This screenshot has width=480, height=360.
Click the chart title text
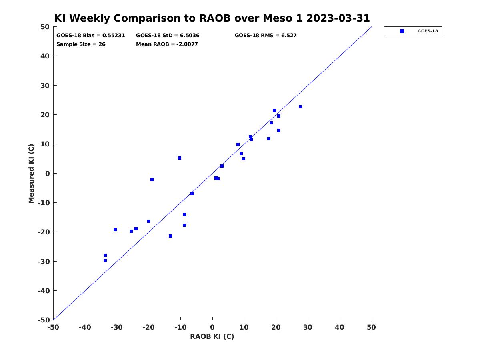click(212, 18)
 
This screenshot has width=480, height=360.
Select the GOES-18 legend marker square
click(402, 31)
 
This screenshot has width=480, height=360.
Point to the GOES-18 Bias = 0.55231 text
click(90, 36)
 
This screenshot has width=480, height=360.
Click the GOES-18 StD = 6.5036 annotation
click(168, 36)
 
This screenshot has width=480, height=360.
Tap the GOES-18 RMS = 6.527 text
click(266, 36)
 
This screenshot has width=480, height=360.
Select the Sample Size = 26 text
click(81, 44)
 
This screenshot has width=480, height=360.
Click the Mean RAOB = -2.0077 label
click(167, 44)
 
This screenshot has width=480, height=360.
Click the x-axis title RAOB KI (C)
click(212, 336)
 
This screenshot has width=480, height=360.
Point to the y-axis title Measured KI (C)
click(31, 173)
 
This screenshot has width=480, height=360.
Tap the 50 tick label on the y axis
click(45, 27)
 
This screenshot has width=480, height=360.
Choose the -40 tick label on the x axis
click(85, 327)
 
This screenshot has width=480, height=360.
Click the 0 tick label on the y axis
click(48, 174)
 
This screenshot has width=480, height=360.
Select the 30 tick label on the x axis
click(308, 327)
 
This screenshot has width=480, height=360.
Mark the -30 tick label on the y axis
click(44, 262)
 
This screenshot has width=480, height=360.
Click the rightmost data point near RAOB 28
click(300, 107)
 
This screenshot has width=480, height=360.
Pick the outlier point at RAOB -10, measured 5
click(180, 158)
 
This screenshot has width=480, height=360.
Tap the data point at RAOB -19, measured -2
click(152, 180)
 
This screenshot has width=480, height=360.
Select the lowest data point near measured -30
click(105, 260)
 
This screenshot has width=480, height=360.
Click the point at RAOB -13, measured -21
click(170, 236)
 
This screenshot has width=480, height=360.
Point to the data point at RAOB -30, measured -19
click(115, 230)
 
